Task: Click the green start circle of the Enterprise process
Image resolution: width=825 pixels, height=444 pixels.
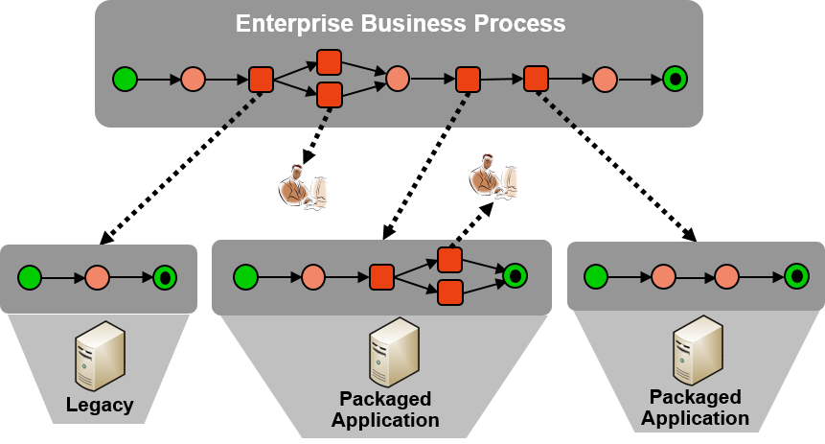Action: point(125,79)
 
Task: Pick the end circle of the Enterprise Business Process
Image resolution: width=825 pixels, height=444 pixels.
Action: point(675,79)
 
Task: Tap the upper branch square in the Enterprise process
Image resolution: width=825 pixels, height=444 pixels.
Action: point(330,62)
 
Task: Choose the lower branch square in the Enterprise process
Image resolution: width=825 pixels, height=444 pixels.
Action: point(330,95)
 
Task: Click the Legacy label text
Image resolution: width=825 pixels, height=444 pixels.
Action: point(100,405)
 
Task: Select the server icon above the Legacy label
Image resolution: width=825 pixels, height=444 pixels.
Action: point(100,355)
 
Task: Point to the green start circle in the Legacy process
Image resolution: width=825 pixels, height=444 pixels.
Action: point(30,278)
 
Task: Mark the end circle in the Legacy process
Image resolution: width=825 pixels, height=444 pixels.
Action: point(165,278)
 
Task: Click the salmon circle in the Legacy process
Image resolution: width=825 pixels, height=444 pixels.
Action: point(97,278)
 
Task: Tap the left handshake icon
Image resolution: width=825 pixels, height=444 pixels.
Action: point(303,186)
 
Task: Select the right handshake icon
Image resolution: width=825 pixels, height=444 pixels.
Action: point(493,176)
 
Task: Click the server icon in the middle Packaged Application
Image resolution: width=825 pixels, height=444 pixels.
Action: point(393,351)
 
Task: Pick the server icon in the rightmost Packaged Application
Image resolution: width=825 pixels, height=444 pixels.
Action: point(697,350)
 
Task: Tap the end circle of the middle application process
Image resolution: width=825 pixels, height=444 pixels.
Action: point(516,276)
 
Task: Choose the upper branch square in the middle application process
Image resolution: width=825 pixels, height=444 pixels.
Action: point(450,260)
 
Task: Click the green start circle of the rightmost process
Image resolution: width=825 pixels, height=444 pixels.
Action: point(596,277)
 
